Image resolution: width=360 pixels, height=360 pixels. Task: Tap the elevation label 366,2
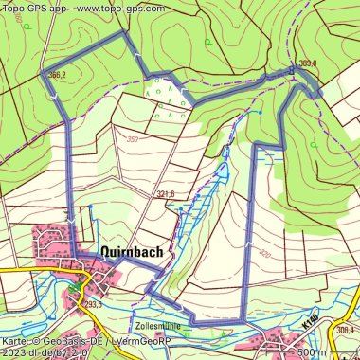coord(56,74)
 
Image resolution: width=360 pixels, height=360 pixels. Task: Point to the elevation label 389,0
coord(307,63)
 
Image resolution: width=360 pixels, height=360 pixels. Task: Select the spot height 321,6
coord(165,194)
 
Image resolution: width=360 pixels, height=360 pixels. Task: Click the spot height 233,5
coord(93,304)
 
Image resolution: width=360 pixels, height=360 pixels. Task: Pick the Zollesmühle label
coord(157,325)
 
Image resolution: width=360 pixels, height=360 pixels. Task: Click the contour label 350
coord(131,139)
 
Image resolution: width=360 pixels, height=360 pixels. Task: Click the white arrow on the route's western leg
coord(71,221)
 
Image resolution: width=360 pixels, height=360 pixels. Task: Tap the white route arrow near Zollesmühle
coord(185,315)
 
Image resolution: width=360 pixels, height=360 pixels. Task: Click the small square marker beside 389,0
coord(293,70)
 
